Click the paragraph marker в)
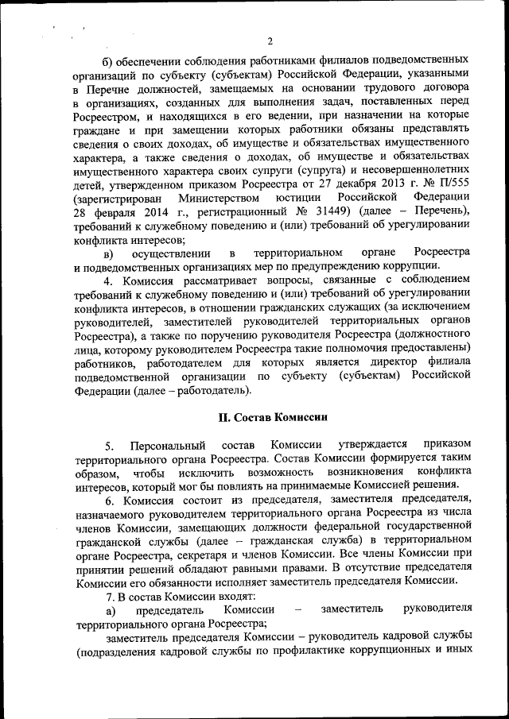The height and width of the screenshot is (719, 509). click(109, 253)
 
